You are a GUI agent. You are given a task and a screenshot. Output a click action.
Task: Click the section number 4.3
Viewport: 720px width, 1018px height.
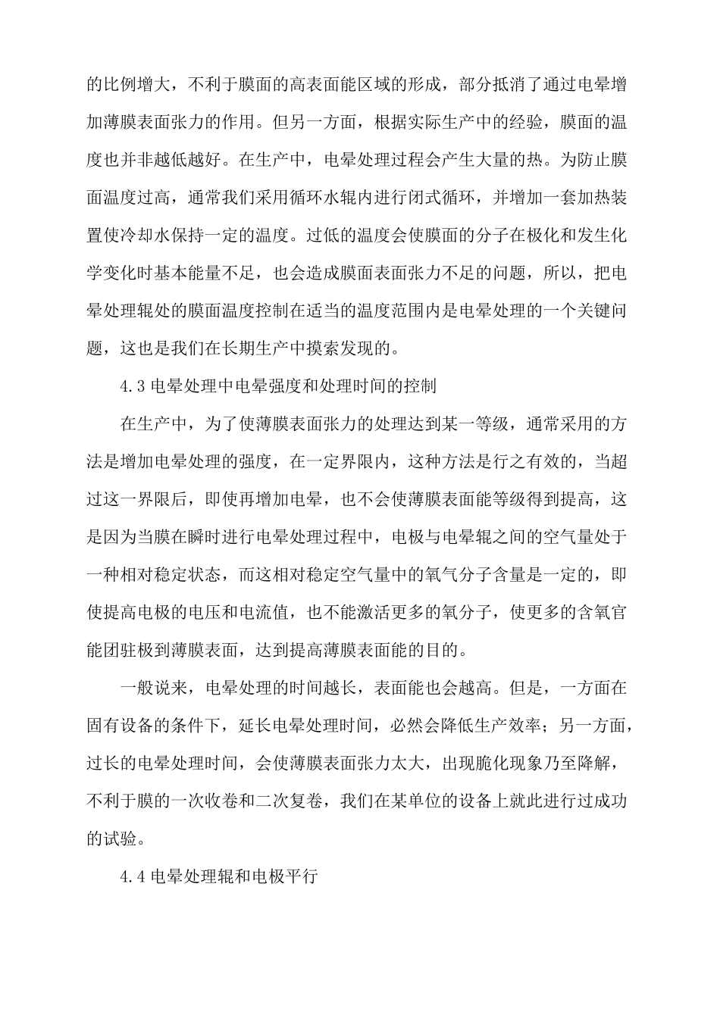pyautogui.click(x=132, y=386)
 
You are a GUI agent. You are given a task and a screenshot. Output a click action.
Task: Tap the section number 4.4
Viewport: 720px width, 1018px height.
pyautogui.click(x=132, y=879)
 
